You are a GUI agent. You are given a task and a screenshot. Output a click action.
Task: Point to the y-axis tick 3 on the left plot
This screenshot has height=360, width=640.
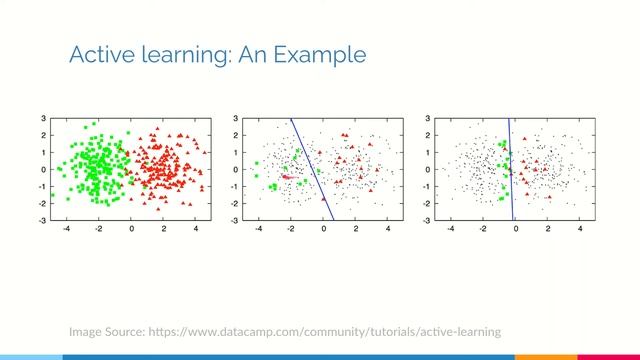point(42,119)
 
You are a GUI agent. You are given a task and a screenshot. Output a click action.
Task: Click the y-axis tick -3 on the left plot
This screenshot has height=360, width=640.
point(40,220)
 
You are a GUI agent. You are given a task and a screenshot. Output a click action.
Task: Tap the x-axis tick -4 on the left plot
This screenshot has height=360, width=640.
point(65,229)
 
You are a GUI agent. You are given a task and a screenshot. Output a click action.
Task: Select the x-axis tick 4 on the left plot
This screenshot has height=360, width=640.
point(195,229)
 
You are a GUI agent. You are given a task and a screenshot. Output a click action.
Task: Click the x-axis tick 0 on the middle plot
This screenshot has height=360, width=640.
point(324,229)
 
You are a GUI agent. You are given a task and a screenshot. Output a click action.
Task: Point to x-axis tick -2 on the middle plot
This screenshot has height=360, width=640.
point(290,229)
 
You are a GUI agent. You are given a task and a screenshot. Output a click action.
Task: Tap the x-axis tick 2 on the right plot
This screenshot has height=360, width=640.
point(548,229)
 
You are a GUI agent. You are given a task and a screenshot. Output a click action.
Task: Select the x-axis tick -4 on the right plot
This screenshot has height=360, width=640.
point(449,229)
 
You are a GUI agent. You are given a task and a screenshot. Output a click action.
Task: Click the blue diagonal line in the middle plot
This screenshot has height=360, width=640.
point(311,168)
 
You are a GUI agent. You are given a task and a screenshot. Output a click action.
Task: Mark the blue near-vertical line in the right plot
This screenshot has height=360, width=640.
point(511,168)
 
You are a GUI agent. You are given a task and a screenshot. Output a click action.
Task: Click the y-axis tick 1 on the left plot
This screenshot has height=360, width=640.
point(42,152)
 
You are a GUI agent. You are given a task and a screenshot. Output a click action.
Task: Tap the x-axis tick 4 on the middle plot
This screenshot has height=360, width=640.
point(387,229)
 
